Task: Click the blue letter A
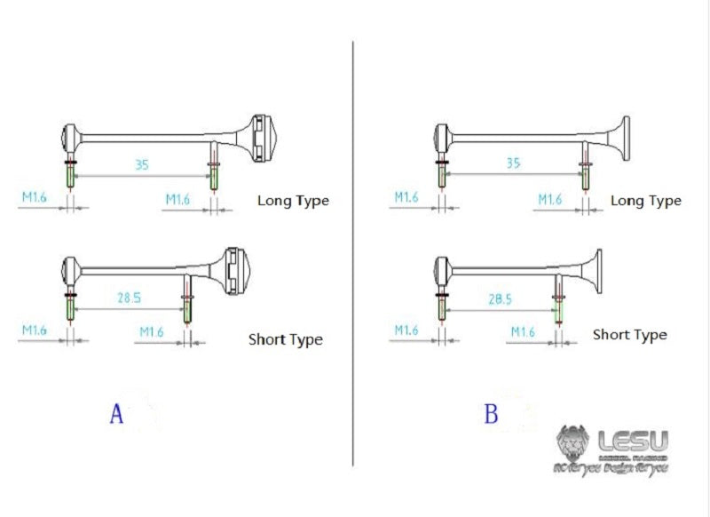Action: [x=116, y=414]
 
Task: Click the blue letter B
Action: [x=491, y=414]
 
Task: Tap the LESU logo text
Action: [x=633, y=441]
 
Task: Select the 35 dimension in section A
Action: [x=142, y=164]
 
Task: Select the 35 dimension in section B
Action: [x=513, y=163]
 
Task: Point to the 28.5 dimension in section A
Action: [x=129, y=298]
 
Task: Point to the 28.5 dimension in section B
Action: [x=501, y=299]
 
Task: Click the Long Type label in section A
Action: [x=293, y=201]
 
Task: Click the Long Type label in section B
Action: [x=646, y=201]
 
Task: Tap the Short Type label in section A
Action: [x=285, y=339]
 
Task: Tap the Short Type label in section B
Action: [x=629, y=335]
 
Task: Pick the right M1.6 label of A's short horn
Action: [x=152, y=331]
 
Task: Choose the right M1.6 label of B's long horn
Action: [x=550, y=200]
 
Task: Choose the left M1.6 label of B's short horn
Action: [x=405, y=330]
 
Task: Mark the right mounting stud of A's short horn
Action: [x=187, y=306]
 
